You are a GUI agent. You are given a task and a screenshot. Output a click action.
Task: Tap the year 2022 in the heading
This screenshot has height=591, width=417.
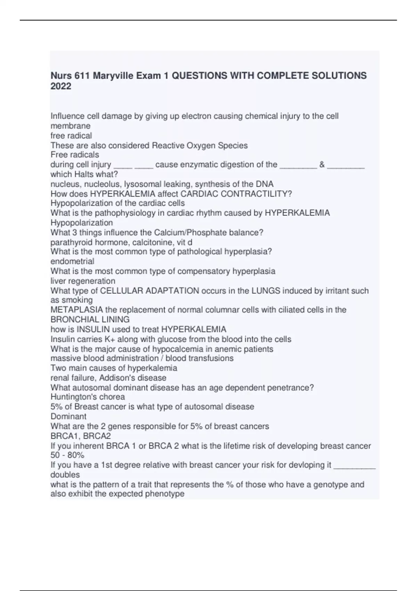click(61, 86)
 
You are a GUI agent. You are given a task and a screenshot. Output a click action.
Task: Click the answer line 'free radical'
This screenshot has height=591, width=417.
click(71, 136)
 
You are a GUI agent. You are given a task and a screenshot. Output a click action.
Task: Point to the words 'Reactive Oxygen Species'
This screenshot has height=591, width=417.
click(200, 145)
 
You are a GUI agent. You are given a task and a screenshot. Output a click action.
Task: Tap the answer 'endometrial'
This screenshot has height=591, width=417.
click(72, 261)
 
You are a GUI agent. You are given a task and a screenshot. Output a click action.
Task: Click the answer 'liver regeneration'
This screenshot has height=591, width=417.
click(83, 281)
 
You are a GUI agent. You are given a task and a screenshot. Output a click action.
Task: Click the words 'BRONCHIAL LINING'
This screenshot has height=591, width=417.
click(90, 319)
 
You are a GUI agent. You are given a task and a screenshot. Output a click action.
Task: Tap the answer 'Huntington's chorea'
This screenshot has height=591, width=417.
click(88, 397)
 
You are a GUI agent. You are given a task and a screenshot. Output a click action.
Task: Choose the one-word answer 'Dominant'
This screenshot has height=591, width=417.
click(68, 416)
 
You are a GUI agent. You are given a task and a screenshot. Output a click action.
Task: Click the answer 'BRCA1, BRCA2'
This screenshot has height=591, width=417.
click(81, 436)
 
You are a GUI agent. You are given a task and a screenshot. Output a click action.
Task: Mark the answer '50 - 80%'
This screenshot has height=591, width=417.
click(67, 455)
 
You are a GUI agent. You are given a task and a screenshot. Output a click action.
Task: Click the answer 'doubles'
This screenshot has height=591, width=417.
click(65, 475)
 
